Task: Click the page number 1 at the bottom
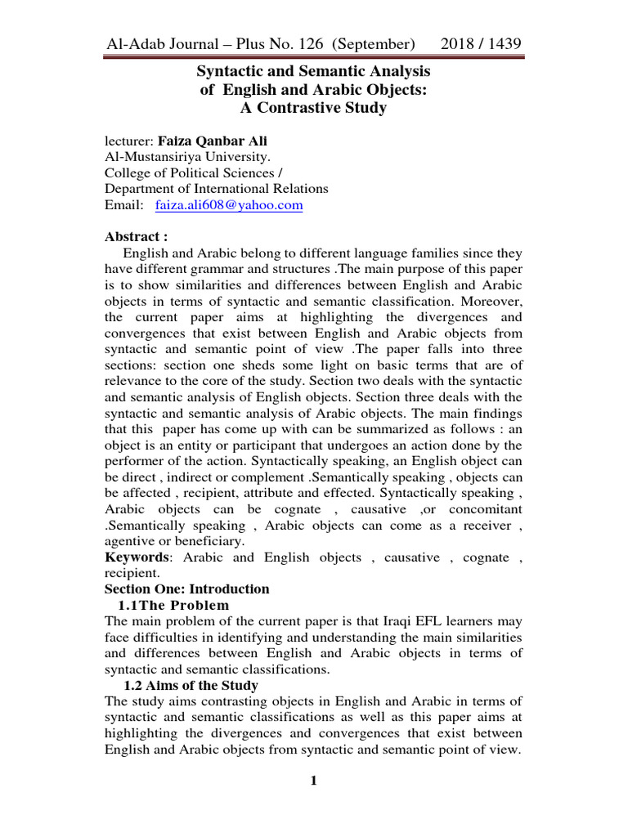click(x=313, y=781)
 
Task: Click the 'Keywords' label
click(x=137, y=557)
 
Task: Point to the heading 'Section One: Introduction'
click(x=187, y=589)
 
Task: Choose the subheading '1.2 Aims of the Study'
click(x=190, y=685)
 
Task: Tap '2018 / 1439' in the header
click(x=482, y=43)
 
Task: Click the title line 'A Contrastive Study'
click(x=313, y=108)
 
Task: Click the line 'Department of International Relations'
click(x=217, y=189)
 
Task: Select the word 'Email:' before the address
click(x=124, y=206)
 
